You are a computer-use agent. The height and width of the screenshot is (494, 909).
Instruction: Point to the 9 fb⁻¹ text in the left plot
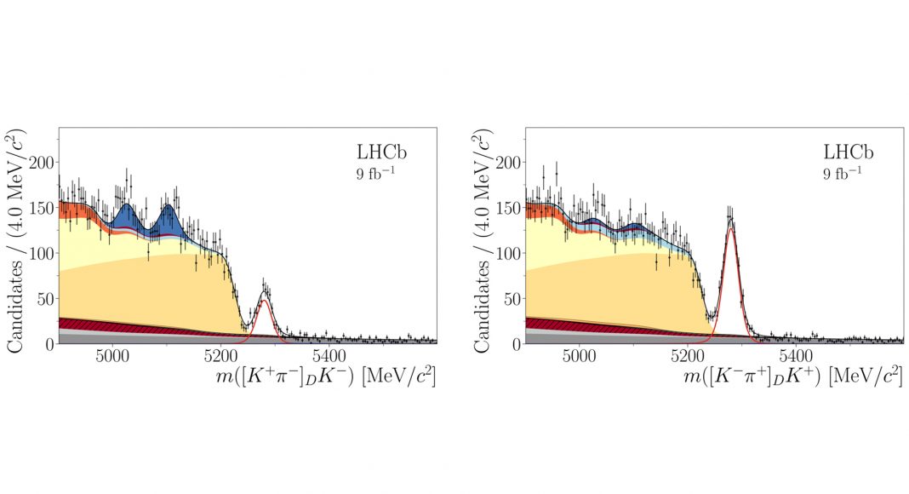[x=374, y=177]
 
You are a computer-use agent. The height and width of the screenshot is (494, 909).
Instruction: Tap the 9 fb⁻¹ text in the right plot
[x=841, y=177]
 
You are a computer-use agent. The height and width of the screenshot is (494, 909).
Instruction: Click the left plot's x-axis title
[x=326, y=376]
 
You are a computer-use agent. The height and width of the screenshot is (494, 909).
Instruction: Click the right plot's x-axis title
[x=792, y=376]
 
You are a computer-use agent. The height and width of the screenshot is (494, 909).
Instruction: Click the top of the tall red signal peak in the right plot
[x=731, y=228]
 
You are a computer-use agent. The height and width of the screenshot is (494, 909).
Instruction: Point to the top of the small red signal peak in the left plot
[x=266, y=301]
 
